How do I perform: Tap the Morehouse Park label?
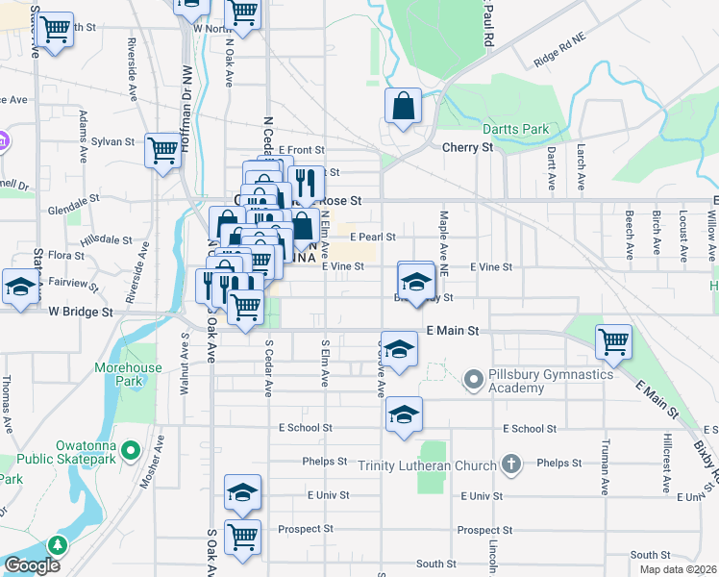pyautogui.click(x=127, y=375)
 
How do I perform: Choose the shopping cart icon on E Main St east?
pyautogui.click(x=612, y=340)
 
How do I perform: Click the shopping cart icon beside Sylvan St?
pyautogui.click(x=163, y=149)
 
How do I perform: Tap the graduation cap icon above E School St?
pyautogui.click(x=405, y=414)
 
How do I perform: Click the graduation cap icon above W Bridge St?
pyautogui.click(x=19, y=286)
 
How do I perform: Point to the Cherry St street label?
pyautogui.click(x=467, y=148)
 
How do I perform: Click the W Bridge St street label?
pyautogui.click(x=81, y=313)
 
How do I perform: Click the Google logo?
pyautogui.click(x=32, y=565)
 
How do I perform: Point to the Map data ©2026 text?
pyautogui.click(x=678, y=569)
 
